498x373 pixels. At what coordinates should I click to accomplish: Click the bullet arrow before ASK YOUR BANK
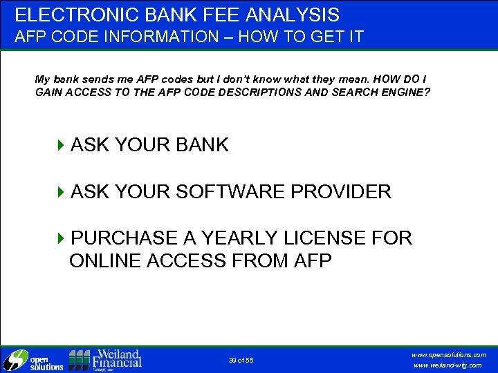(61, 145)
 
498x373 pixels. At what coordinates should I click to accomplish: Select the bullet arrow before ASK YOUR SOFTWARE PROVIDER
(61, 192)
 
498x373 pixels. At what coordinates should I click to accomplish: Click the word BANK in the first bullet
(202, 145)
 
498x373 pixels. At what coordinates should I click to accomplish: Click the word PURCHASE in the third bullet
(124, 238)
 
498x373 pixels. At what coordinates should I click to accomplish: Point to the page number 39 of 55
(241, 361)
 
